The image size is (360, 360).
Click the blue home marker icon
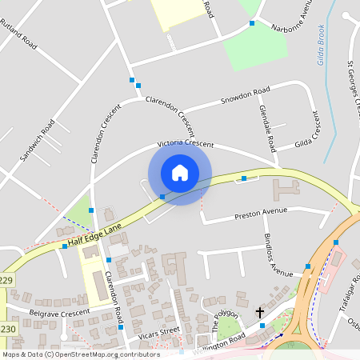[180, 173]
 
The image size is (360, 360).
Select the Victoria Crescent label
[186, 143]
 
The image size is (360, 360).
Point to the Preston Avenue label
[260, 214]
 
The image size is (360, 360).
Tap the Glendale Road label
[267, 128]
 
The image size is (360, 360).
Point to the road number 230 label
[7, 329]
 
